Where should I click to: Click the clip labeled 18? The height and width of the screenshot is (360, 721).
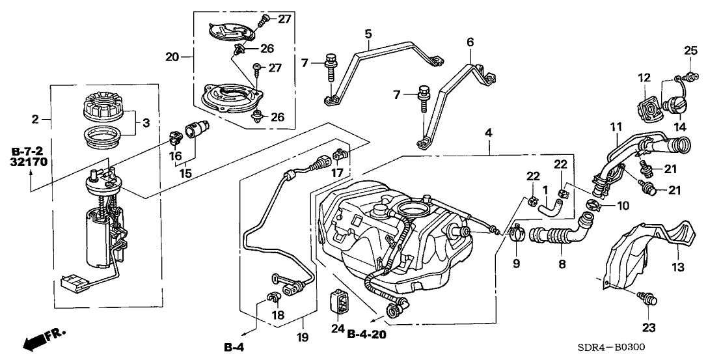point(273,299)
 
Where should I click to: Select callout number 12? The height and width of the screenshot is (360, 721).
point(644,78)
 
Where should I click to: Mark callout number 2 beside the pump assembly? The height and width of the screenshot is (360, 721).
point(36,119)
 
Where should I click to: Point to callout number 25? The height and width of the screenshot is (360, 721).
point(690,50)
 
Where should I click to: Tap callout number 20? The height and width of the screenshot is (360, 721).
point(171,57)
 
